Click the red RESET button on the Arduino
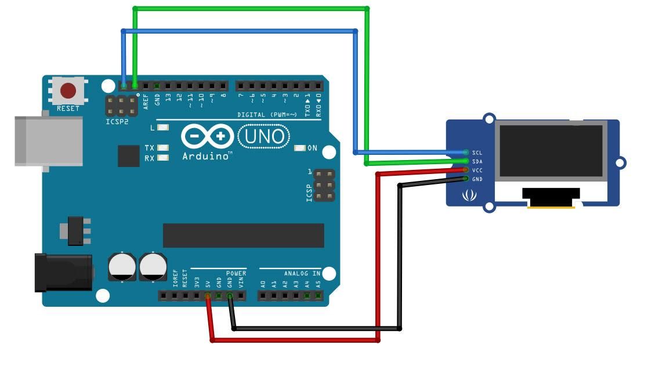click(68, 91)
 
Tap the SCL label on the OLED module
click(477, 153)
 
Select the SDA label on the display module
click(477, 161)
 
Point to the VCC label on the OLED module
click(477, 171)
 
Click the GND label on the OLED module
click(477, 179)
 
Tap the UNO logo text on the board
click(265, 137)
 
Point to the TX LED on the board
click(162, 148)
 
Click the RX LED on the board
click(162, 158)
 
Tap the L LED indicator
click(162, 128)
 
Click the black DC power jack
click(64, 272)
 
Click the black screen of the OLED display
click(551, 151)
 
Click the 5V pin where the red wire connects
click(208, 296)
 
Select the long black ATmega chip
click(243, 235)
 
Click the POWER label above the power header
click(236, 273)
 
